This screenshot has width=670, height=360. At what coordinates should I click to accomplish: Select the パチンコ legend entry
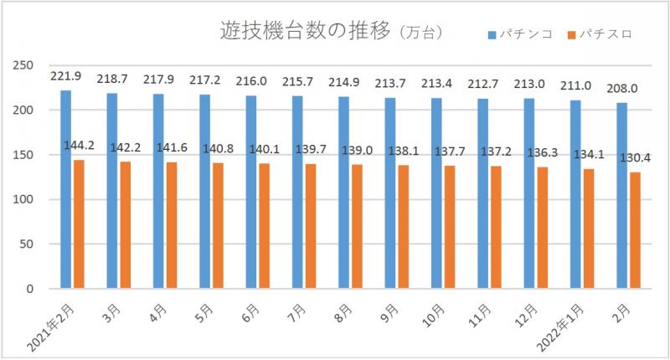[520, 34]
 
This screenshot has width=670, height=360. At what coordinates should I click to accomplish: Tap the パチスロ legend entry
[600, 34]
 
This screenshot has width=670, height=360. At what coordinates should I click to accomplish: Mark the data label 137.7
[449, 153]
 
